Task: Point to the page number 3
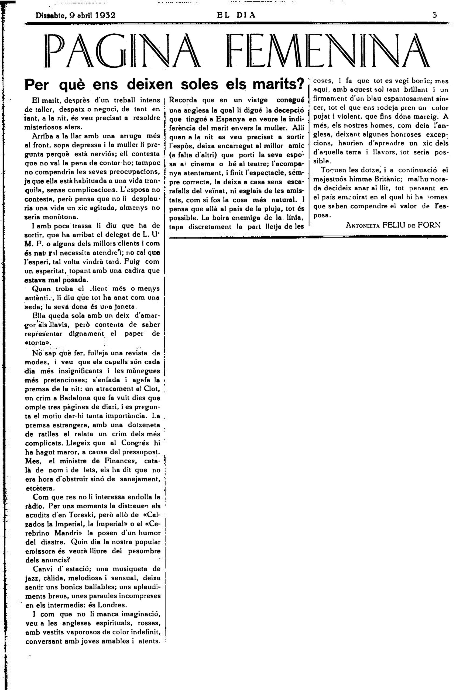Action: (435, 15)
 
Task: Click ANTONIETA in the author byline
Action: (362, 225)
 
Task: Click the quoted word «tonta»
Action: (38, 342)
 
